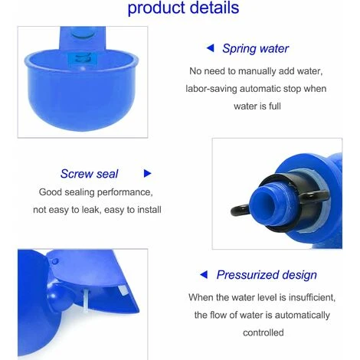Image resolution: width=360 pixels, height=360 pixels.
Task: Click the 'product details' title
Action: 183,8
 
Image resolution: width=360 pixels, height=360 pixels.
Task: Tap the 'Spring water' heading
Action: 255,48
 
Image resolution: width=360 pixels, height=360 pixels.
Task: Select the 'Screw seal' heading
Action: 89,174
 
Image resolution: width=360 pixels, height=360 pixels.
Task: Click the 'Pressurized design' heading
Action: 267,275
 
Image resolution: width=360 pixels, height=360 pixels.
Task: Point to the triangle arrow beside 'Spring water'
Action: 210,47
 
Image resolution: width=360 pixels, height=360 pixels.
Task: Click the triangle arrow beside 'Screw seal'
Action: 147,173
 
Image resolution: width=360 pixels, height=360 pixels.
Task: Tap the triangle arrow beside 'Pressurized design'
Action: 204,275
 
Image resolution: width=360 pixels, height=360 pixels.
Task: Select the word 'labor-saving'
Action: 211,89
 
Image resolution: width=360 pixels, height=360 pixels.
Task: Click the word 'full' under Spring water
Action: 275,106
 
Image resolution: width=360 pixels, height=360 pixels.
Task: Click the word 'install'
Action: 149,210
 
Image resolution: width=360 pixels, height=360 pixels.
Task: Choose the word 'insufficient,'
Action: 312,297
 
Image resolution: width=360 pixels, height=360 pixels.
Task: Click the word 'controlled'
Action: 263,332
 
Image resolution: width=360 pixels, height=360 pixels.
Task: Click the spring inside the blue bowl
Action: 83,59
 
